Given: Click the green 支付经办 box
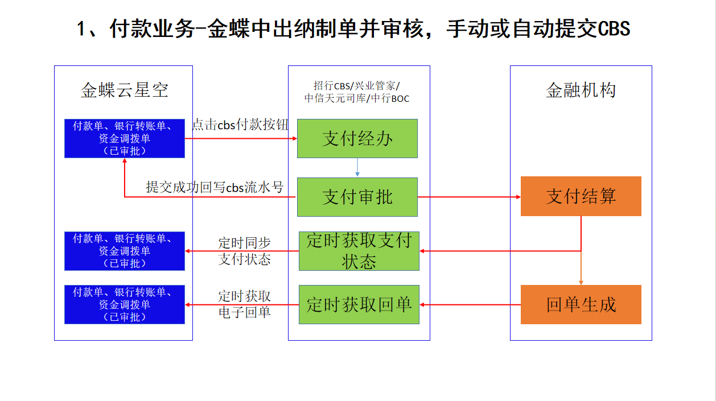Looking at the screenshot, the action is pyautogui.click(x=357, y=138).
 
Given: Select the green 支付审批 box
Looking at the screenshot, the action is pyautogui.click(x=357, y=197).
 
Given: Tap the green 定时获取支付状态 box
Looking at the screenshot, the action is pyautogui.click(x=359, y=251).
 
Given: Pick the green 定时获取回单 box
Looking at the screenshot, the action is pyautogui.click(x=359, y=304).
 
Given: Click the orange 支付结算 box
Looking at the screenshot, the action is pyautogui.click(x=581, y=196).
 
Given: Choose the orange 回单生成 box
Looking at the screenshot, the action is pyautogui.click(x=581, y=304).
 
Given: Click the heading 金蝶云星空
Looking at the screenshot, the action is pyautogui.click(x=124, y=90).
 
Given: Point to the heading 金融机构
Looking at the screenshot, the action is pyautogui.click(x=581, y=90).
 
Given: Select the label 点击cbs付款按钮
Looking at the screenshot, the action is pyautogui.click(x=240, y=125).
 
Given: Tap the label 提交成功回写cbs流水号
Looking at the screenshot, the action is pyautogui.click(x=215, y=187).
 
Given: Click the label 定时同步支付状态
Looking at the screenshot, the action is pyautogui.click(x=245, y=251).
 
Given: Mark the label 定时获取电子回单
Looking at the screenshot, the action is pyautogui.click(x=245, y=304).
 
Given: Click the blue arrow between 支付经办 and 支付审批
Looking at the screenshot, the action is pyautogui.click(x=357, y=167).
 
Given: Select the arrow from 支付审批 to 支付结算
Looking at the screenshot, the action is pyautogui.click(x=469, y=197).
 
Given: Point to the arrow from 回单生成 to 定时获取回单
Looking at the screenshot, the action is pyautogui.click(x=470, y=305).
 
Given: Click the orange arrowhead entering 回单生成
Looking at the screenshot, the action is pyautogui.click(x=581, y=283).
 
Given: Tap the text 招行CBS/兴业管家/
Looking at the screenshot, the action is pyautogui.click(x=357, y=86).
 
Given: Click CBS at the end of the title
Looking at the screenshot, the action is pyautogui.click(x=614, y=28).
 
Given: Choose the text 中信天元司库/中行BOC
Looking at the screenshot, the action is pyautogui.click(x=357, y=98).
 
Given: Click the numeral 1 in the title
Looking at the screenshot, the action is pyautogui.click(x=81, y=28).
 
